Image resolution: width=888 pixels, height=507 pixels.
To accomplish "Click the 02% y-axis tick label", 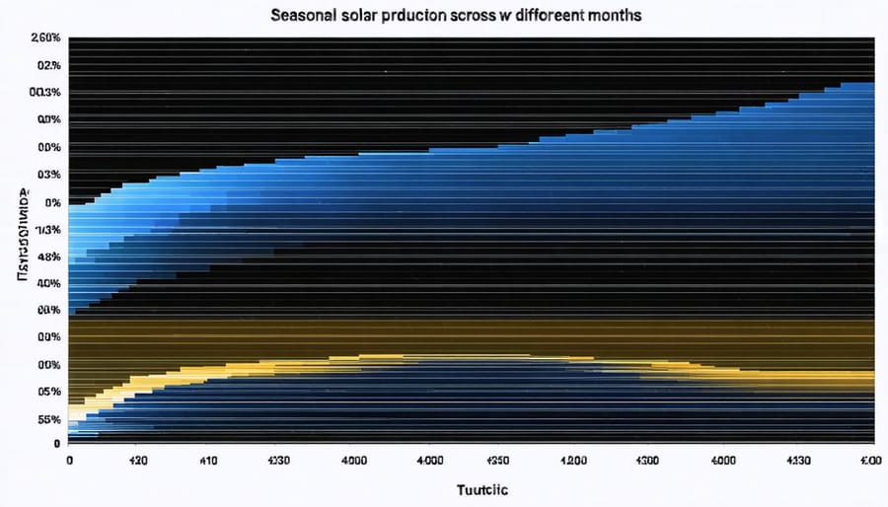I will [49, 65].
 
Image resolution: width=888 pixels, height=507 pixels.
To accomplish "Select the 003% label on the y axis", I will [46, 93].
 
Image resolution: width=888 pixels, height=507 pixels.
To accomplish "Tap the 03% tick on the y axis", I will [49, 175].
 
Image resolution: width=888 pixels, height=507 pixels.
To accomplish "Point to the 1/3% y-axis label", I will [47, 229].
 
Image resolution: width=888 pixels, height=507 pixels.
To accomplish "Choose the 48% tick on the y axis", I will [49, 256].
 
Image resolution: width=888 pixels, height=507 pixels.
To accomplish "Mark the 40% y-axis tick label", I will [49, 283].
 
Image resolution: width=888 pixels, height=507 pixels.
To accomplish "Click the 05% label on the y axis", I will [49, 392].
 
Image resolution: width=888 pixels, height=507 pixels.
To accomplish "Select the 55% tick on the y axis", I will [49, 419].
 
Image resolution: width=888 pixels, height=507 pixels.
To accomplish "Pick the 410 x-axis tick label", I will [209, 460].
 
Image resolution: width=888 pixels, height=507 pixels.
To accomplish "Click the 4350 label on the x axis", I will [497, 460].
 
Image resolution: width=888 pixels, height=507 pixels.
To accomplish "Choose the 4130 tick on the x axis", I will [798, 460].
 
